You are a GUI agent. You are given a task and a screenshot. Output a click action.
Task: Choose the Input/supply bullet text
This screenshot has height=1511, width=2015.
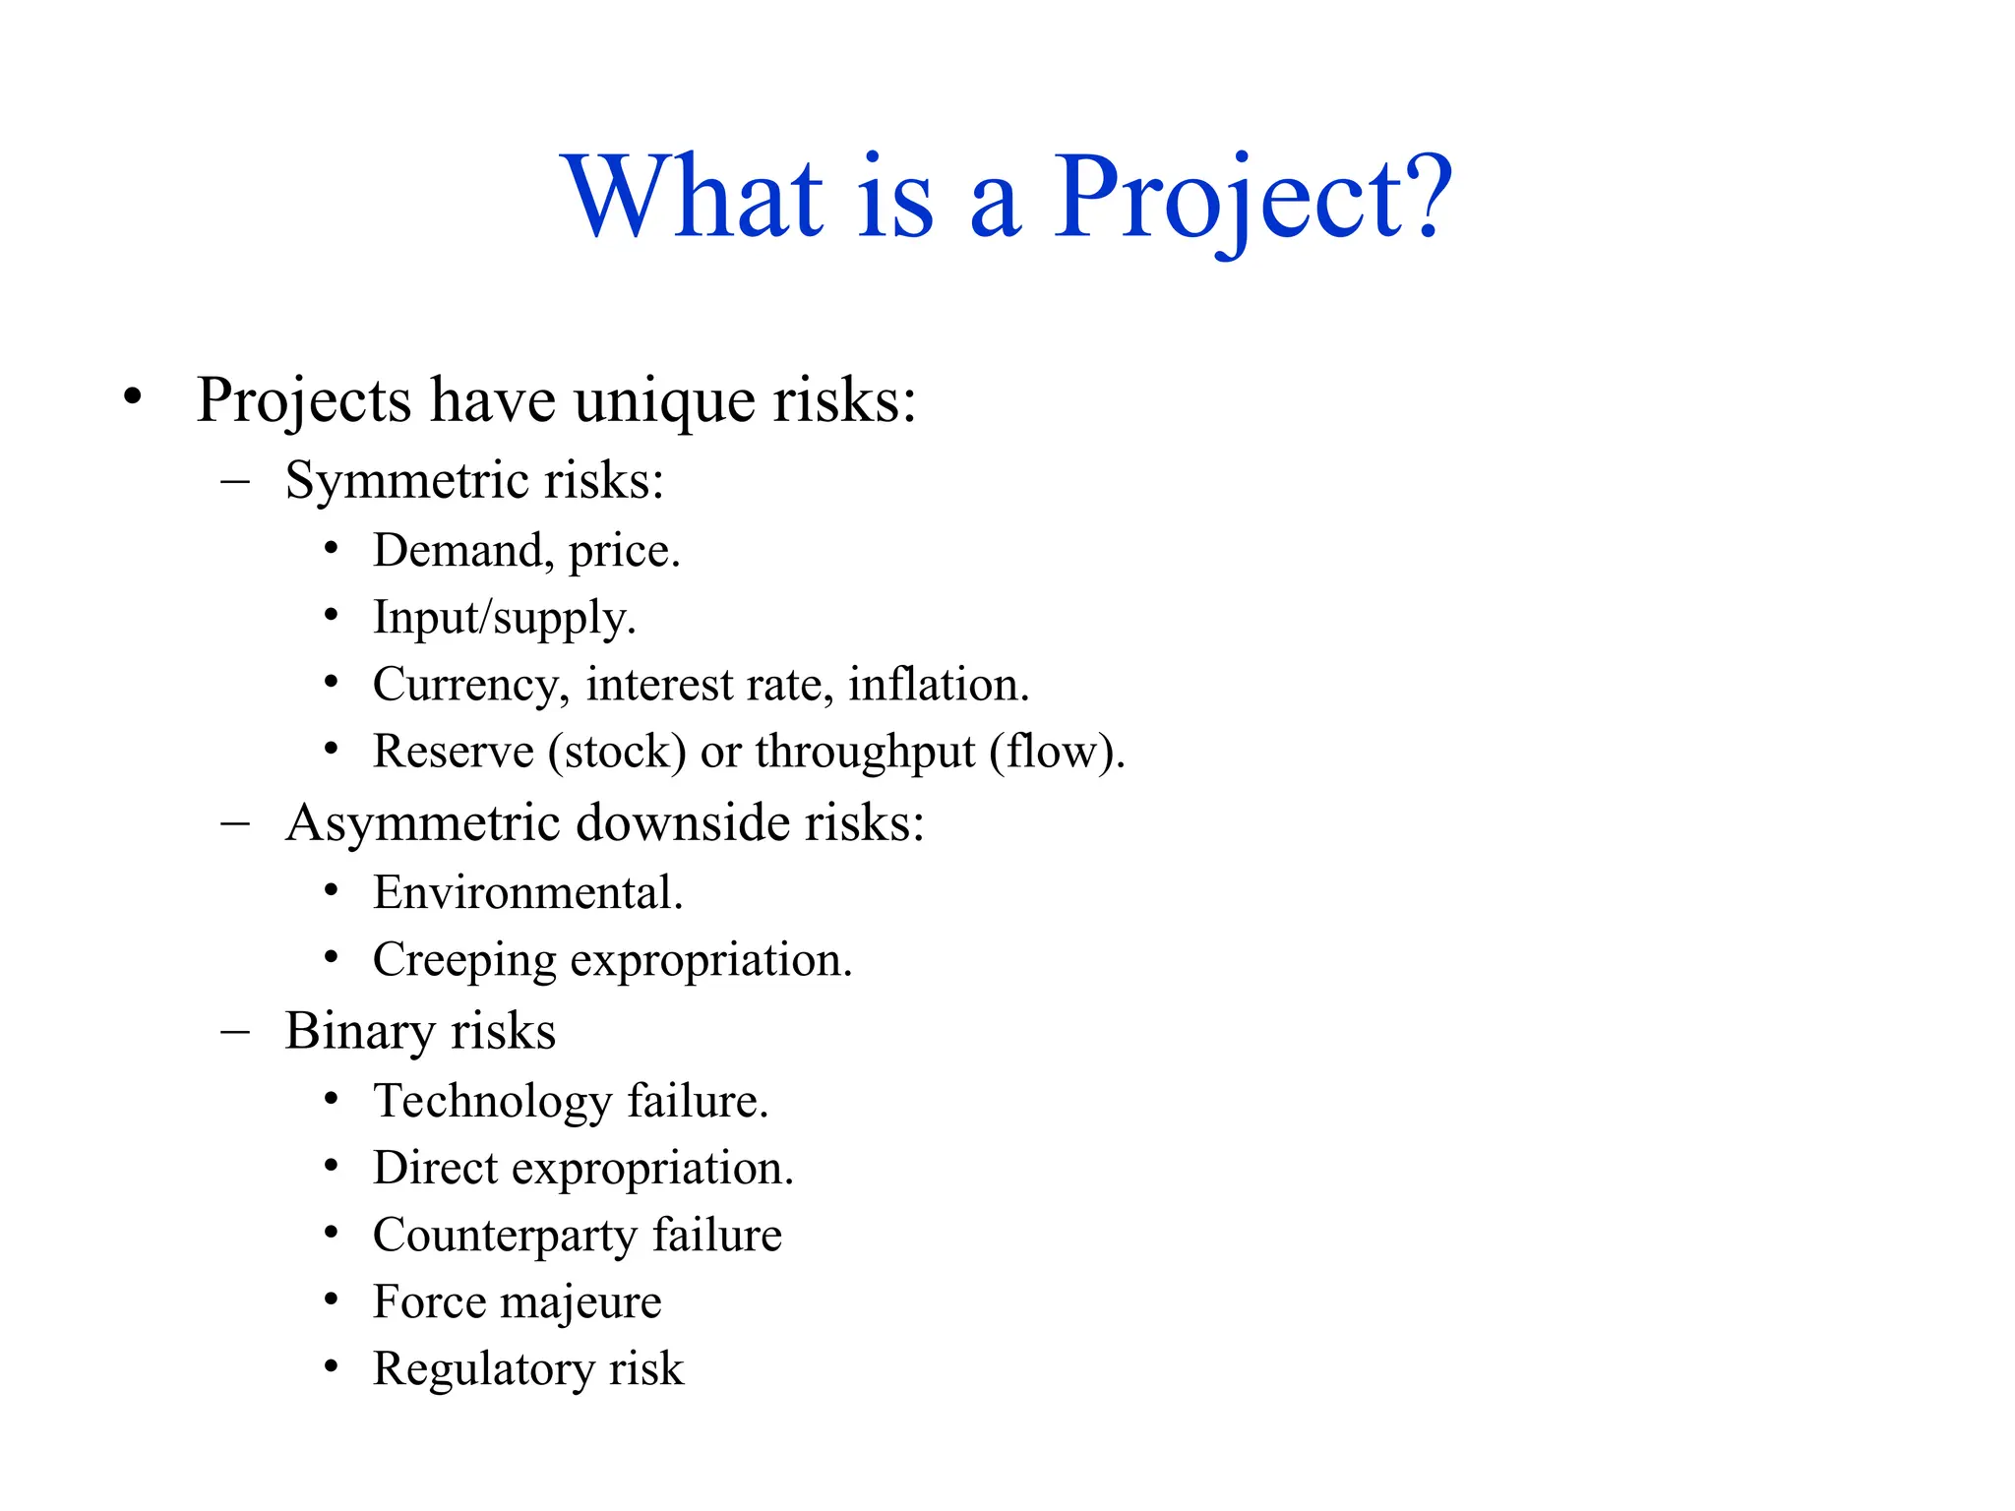[x=505, y=619]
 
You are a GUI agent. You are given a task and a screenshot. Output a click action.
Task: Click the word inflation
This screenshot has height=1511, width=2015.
[x=938, y=685]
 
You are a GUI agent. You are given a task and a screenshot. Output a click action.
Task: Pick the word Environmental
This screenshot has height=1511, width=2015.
[x=527, y=893]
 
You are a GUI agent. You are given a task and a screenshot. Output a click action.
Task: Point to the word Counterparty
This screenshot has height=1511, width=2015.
[x=505, y=1237]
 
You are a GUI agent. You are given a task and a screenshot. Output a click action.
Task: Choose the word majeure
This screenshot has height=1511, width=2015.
[x=580, y=1303]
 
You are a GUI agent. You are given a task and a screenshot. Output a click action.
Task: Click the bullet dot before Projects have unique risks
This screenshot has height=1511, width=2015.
[x=133, y=397]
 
